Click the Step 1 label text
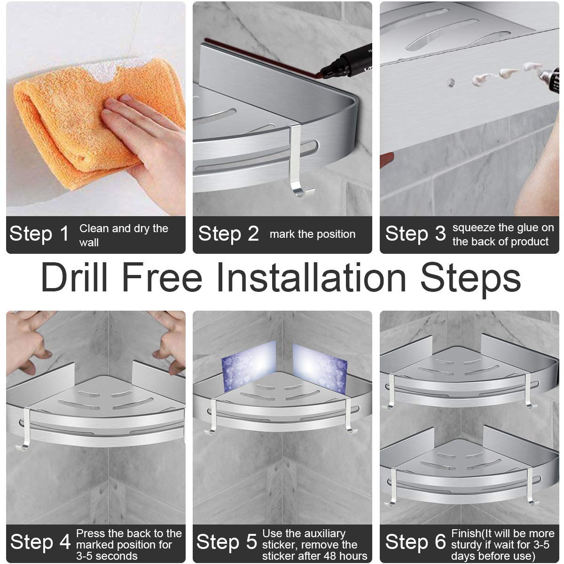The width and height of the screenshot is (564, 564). (39, 234)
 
